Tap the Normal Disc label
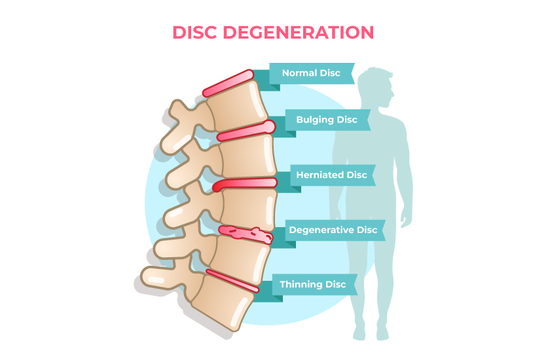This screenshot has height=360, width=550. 311,73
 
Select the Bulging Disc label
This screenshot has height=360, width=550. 327,120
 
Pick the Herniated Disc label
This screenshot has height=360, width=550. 331,175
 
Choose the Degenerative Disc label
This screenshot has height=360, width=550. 333,230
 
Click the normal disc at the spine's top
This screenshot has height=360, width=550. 227,83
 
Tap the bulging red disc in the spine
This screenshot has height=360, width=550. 246,130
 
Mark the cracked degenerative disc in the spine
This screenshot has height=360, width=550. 246,233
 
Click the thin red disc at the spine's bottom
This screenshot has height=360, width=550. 232,279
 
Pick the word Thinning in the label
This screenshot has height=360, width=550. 302,284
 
